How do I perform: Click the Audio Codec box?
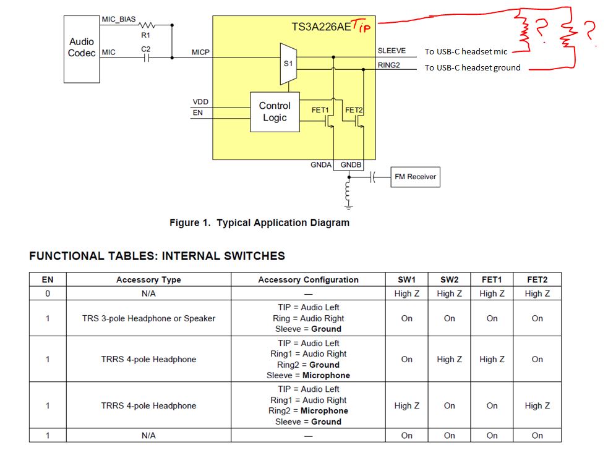pyautogui.click(x=82, y=49)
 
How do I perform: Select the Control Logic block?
pyautogui.click(x=275, y=112)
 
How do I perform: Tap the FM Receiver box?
pyautogui.click(x=415, y=177)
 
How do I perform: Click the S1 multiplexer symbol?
pyautogui.click(x=288, y=64)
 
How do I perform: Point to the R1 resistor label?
pyautogui.click(x=145, y=35)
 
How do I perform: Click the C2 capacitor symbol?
pyautogui.click(x=146, y=58)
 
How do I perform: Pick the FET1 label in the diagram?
pyautogui.click(x=320, y=110)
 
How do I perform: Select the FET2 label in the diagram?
pyautogui.click(x=354, y=110)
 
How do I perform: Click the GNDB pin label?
pyautogui.click(x=351, y=164)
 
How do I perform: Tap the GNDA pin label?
pyautogui.click(x=321, y=164)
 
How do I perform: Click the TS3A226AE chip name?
pyautogui.click(x=321, y=27)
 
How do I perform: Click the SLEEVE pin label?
pyautogui.click(x=392, y=51)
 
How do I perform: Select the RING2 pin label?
pyautogui.click(x=389, y=65)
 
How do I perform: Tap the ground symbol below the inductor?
pyautogui.click(x=349, y=206)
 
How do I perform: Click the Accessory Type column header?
pyautogui.click(x=148, y=279)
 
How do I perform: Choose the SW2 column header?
pyautogui.click(x=450, y=279)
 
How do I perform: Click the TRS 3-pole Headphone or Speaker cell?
pyautogui.click(x=148, y=318)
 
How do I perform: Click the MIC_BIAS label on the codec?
pyautogui.click(x=119, y=19)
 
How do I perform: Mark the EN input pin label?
pyautogui.click(x=198, y=112)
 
